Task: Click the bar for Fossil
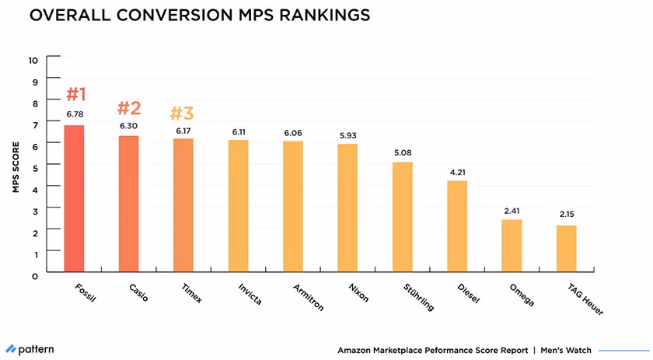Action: (x=74, y=199)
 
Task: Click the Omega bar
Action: (x=512, y=246)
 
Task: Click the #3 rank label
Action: (x=183, y=114)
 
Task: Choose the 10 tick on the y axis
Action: (x=32, y=59)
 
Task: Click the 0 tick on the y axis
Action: (x=34, y=274)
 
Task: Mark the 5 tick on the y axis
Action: (x=34, y=166)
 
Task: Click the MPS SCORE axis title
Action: (x=15, y=166)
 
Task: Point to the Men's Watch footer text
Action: (x=564, y=350)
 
